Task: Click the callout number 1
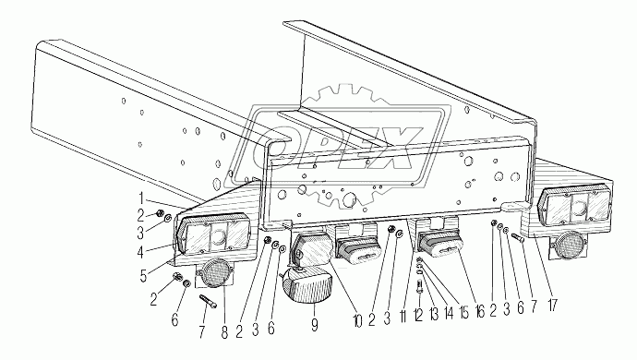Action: [141, 198]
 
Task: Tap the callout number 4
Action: [140, 253]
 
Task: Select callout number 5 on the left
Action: [143, 276]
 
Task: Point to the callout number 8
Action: [224, 331]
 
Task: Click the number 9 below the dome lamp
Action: [315, 324]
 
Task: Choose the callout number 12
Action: [418, 314]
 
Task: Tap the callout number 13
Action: [434, 314]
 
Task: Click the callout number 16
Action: [479, 312]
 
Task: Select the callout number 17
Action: [552, 306]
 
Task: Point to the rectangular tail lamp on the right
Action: [573, 207]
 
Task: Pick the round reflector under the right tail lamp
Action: [568, 244]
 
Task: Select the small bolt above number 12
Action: [420, 287]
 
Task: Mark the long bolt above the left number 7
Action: [208, 301]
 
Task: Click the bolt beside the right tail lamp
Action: [517, 237]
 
